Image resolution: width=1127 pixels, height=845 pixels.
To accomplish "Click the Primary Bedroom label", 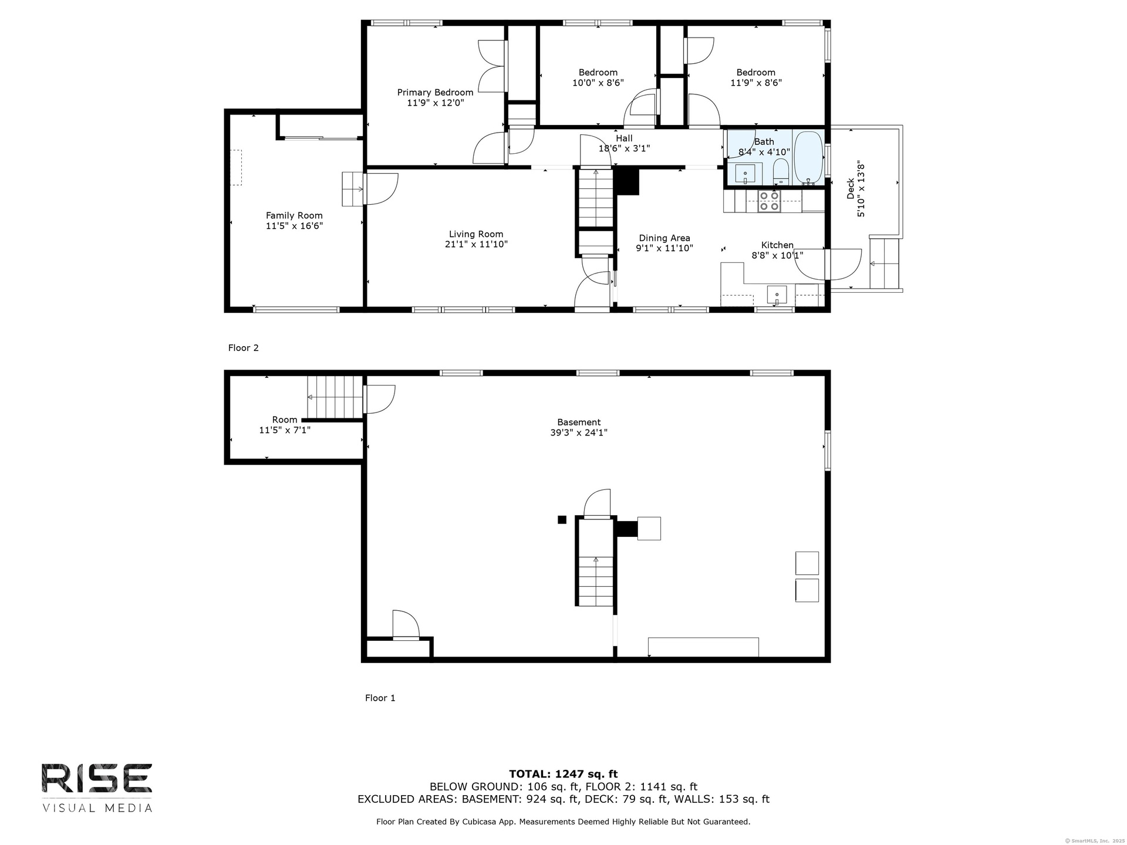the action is point(435,92).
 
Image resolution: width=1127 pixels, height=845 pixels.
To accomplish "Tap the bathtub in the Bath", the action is point(808,157).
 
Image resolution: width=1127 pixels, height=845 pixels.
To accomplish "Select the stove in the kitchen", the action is point(769,201).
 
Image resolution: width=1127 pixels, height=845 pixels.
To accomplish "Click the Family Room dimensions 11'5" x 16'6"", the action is point(294,226).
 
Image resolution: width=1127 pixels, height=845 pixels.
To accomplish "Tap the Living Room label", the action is point(476,234).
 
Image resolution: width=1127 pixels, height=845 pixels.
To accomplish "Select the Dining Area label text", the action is point(664,238).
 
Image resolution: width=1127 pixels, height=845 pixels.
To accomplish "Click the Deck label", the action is point(851,189).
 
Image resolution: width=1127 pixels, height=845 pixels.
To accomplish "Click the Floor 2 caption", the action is point(243,348).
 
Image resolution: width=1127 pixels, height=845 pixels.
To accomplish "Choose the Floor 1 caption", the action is point(380,698).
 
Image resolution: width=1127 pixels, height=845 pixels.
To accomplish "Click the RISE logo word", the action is point(97,779).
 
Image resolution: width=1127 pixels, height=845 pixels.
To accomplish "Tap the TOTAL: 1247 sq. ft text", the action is point(563,774).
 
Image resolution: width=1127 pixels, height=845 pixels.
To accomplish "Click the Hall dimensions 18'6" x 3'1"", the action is point(624,148).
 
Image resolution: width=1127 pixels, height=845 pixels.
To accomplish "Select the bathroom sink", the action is point(745,174).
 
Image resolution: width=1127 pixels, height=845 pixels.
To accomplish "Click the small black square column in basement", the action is point(562,519).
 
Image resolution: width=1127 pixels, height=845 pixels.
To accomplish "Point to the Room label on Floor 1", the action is point(285,420).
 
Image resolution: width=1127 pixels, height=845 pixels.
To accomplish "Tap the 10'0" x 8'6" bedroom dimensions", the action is point(598,83).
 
